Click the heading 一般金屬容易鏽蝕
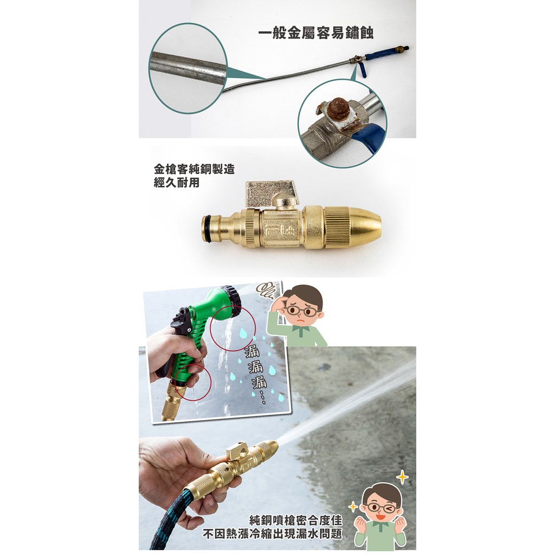(315, 33)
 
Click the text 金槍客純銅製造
(195, 169)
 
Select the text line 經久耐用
(177, 183)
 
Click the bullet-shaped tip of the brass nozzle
(366, 225)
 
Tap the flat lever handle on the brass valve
(270, 194)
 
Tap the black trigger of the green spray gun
(177, 326)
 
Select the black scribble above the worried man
(264, 289)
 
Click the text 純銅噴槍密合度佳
(295, 520)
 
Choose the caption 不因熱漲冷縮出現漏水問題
(273, 533)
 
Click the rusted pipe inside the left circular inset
(188, 67)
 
